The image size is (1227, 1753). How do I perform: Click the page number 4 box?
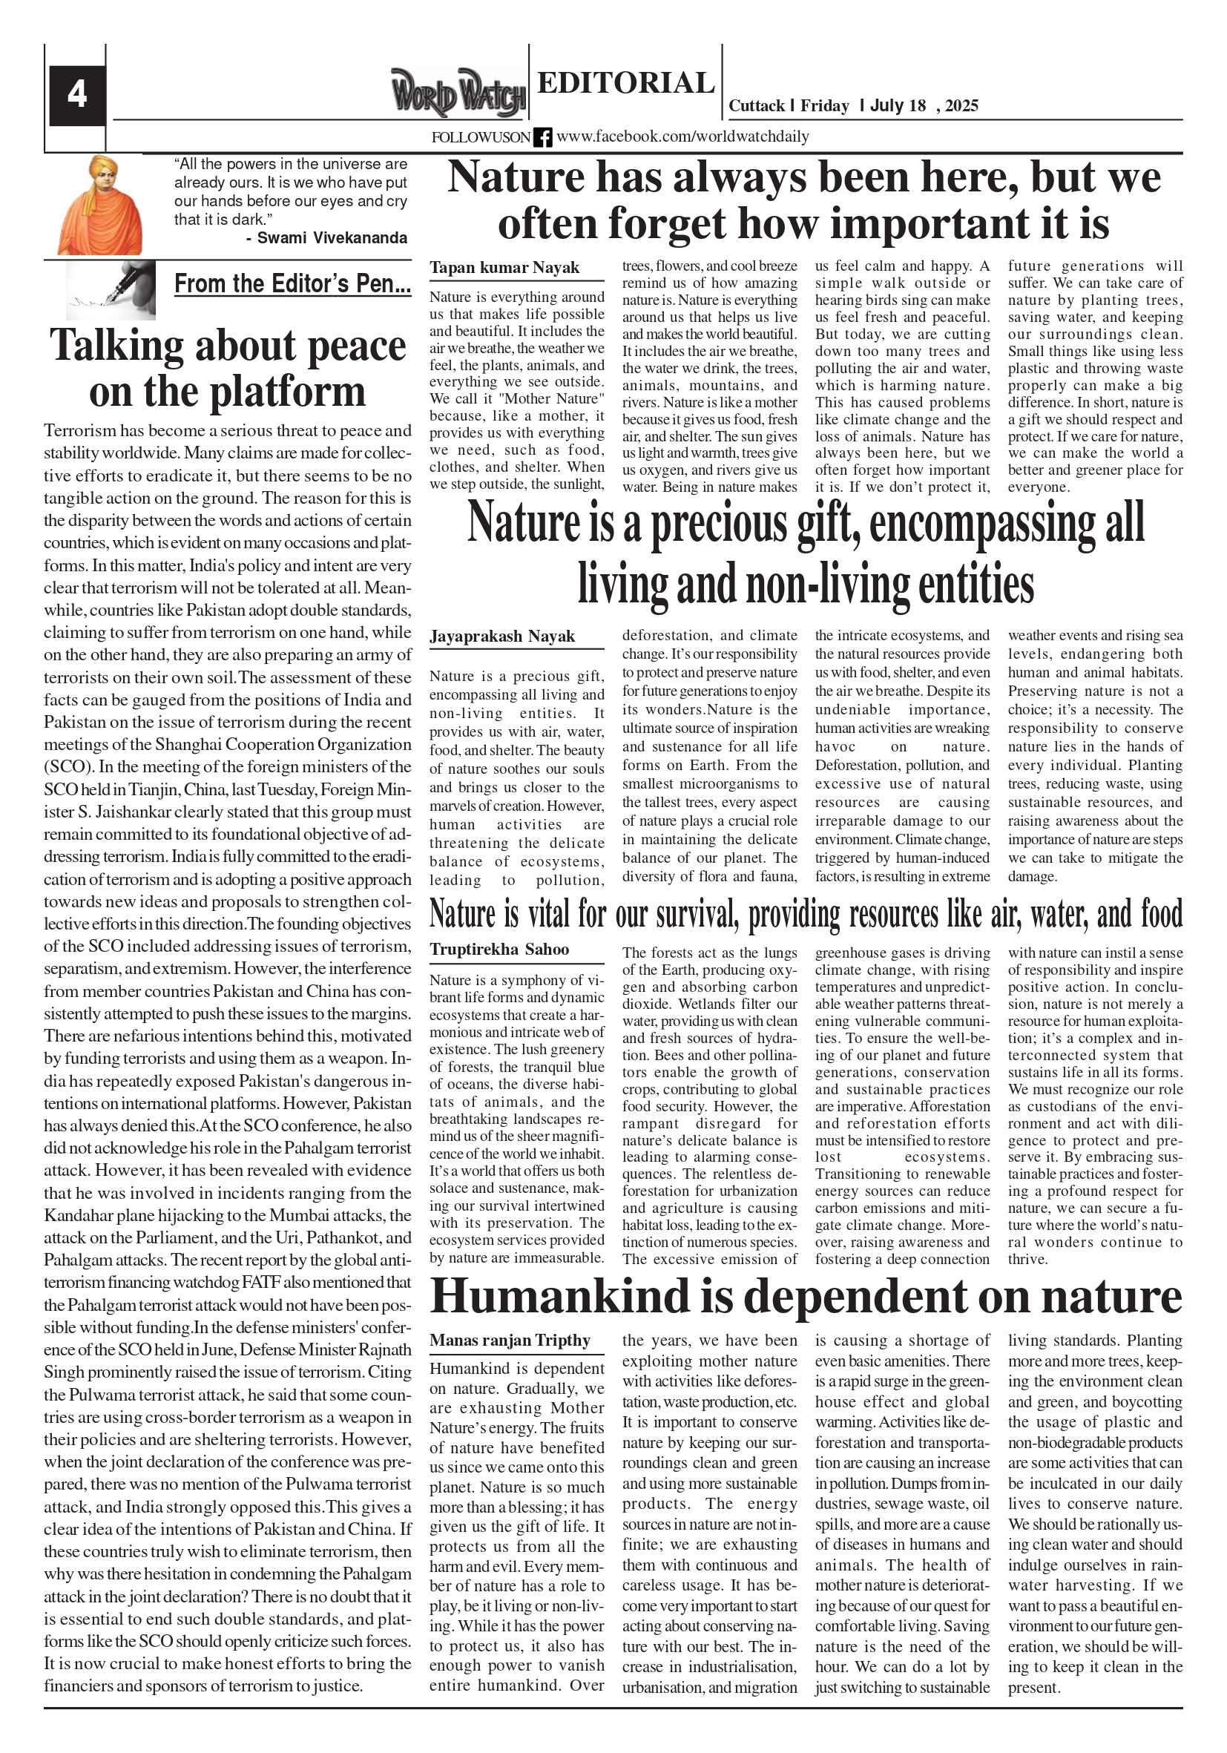(77, 96)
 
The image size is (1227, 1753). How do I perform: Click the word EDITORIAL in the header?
(625, 82)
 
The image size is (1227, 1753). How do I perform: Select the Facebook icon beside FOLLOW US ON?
(542, 137)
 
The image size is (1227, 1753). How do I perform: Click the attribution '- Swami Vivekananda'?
(327, 237)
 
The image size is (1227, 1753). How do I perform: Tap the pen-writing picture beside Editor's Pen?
(111, 289)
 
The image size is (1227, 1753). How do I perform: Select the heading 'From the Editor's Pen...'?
(292, 283)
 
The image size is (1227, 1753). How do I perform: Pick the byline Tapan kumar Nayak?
(504, 267)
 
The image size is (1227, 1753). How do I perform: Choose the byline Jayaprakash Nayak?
(501, 636)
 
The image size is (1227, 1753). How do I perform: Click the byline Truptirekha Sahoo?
(499, 949)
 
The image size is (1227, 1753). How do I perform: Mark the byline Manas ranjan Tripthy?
(510, 1340)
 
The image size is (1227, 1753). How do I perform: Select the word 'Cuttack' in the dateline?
(756, 105)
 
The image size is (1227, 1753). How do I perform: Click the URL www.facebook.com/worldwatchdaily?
(682, 137)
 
